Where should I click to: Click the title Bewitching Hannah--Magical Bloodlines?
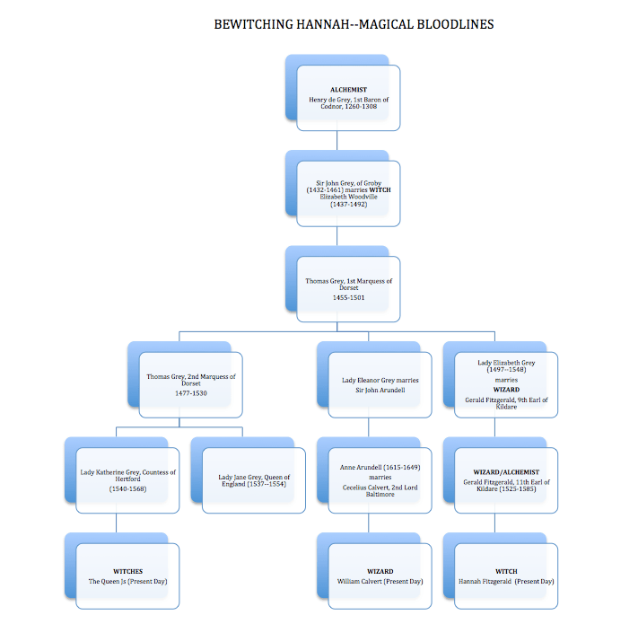[x=354, y=24]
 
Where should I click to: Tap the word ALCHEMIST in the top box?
[x=348, y=90]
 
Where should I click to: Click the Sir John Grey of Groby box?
[x=348, y=194]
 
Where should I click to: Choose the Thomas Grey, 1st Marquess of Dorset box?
[x=348, y=287]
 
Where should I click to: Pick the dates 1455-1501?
[x=348, y=297]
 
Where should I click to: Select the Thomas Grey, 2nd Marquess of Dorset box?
[x=190, y=384]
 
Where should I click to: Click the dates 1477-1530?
[x=191, y=393]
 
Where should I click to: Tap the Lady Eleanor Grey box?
[x=380, y=384]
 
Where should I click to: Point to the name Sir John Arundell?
[x=380, y=391]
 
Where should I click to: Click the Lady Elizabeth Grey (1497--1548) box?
[x=506, y=384]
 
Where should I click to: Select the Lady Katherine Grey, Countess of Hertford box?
[x=127, y=479]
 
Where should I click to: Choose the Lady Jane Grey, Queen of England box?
[x=254, y=479]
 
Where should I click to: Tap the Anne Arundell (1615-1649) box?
[x=380, y=479]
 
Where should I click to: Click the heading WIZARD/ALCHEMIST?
[x=506, y=470]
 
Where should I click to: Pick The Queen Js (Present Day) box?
[x=127, y=576]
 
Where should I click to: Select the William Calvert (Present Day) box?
[x=380, y=576]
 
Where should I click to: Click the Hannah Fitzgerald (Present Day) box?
[x=506, y=576]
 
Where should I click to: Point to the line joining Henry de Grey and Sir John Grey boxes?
[x=336, y=140]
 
